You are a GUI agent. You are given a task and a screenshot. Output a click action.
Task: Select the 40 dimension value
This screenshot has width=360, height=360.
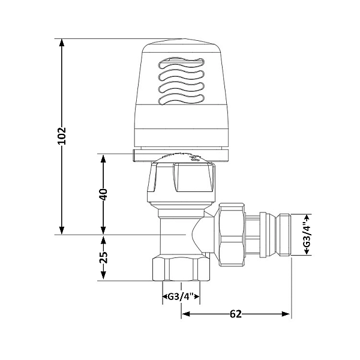point(103,194)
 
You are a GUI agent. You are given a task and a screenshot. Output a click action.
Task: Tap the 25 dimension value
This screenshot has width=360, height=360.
point(103,257)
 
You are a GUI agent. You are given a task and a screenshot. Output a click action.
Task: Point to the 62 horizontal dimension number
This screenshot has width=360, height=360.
point(235,314)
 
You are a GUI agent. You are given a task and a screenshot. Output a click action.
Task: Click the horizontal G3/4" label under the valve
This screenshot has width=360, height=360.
point(181,296)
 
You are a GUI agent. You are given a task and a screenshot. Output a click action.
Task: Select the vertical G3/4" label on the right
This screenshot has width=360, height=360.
point(307,235)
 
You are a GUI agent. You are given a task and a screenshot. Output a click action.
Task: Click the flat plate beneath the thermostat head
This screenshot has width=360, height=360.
point(180,156)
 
